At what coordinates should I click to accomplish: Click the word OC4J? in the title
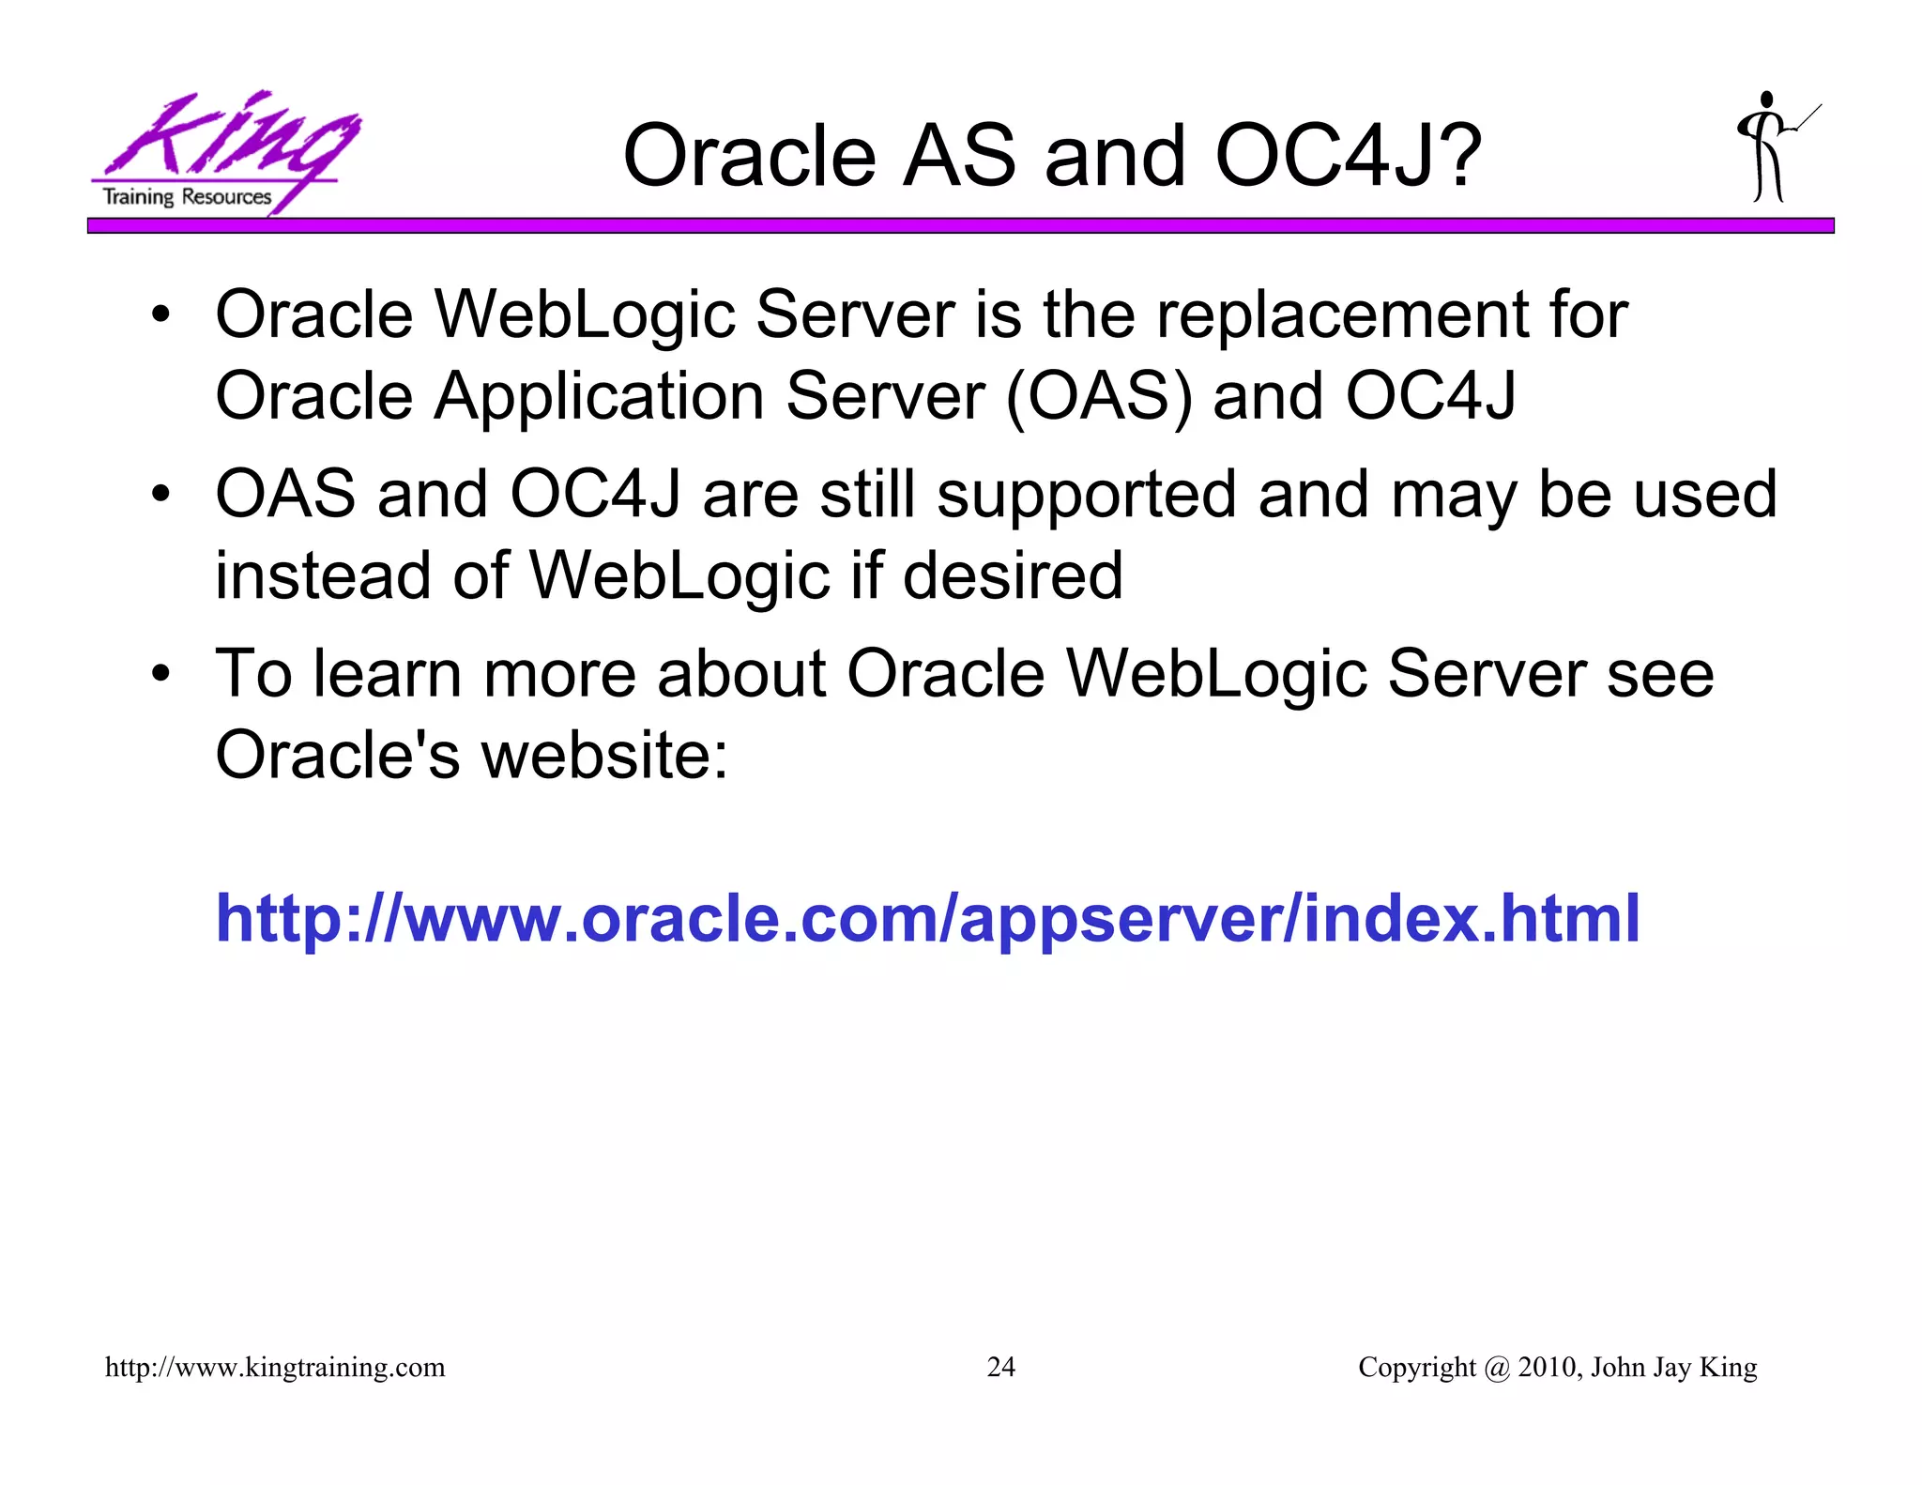[x=1348, y=156]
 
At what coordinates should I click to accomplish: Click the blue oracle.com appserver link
[x=927, y=918]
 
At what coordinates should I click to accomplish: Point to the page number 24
[x=1000, y=1367]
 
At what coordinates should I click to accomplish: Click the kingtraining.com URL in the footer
[x=275, y=1368]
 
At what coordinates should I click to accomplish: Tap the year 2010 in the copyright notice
[x=1548, y=1367]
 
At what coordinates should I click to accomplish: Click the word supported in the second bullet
[x=1087, y=496]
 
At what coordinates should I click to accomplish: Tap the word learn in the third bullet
[x=388, y=674]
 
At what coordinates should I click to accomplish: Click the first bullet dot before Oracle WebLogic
[x=161, y=316]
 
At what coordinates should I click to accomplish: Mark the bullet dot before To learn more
[x=161, y=674]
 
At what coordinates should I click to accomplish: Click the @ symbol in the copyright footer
[x=1497, y=1368]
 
